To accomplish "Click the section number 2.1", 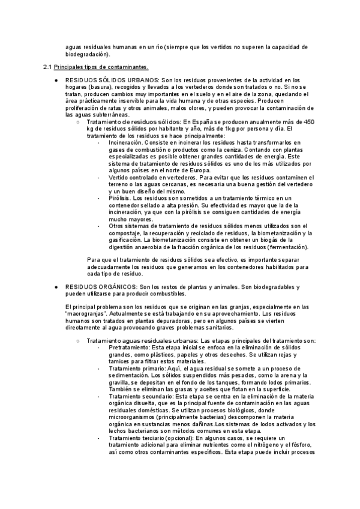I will pyautogui.click(x=49, y=66).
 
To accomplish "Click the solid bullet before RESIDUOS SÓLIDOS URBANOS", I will pyautogui.click(x=56, y=80).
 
